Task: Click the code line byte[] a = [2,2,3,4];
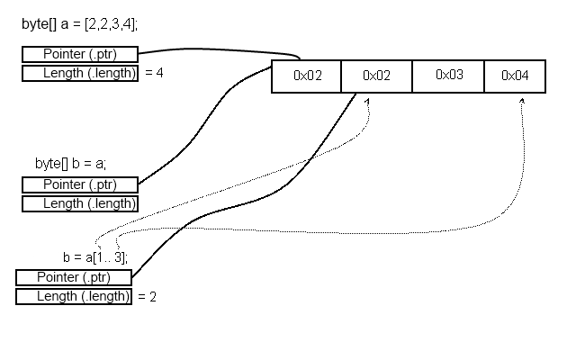(x=79, y=24)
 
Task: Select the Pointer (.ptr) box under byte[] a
(x=80, y=54)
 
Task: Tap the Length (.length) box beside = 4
(x=80, y=73)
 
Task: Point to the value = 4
(x=154, y=72)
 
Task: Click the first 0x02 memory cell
(x=306, y=76)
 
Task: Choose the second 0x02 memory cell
(x=376, y=76)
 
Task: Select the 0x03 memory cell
(x=448, y=76)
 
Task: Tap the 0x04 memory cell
(x=515, y=76)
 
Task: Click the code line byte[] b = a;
(x=70, y=164)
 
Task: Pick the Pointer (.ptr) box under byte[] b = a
(x=80, y=184)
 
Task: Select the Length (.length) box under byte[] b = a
(x=80, y=203)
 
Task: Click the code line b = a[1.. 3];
(x=95, y=257)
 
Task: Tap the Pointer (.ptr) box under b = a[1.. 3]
(x=74, y=277)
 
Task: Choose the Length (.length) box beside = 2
(x=74, y=297)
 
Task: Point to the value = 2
(x=147, y=297)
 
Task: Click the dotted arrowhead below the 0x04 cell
(x=522, y=101)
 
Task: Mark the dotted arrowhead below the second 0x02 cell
(x=367, y=102)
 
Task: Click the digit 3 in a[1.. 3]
(x=118, y=257)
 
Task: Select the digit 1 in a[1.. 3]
(x=100, y=257)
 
